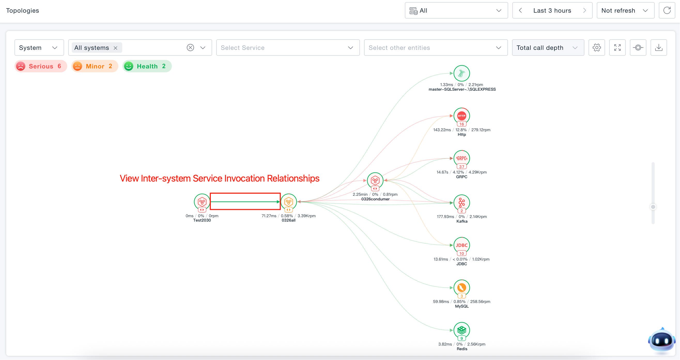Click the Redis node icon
coord(461,330)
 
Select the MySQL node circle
coord(461,287)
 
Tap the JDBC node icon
coord(461,245)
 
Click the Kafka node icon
coord(461,203)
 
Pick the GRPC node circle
coord(461,158)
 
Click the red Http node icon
coord(461,116)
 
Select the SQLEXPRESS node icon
coord(461,73)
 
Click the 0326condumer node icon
coord(375,181)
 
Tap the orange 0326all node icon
coord(289,202)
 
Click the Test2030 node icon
coord(202,202)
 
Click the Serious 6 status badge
coord(41,66)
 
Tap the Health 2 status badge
coord(147,66)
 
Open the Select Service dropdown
coord(288,48)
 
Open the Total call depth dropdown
coord(548,48)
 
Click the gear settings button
coord(597,48)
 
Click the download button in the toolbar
coord(659,48)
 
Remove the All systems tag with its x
coord(115,48)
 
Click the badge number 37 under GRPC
coord(461,167)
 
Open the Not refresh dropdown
coord(625,10)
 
